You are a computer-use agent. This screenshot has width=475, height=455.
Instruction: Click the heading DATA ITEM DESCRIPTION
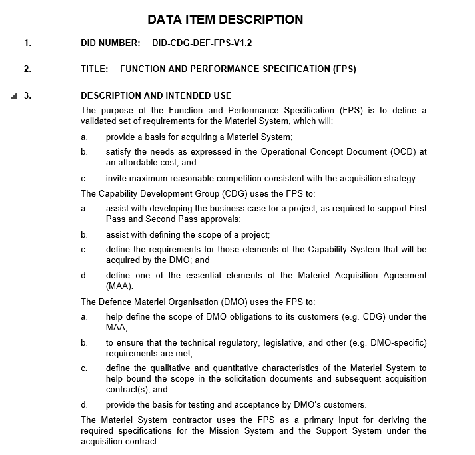click(225, 19)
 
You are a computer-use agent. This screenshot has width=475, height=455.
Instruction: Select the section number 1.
click(27, 43)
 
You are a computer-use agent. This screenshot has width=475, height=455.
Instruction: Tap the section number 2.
click(27, 69)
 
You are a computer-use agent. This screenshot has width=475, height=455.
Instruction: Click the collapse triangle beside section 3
click(15, 95)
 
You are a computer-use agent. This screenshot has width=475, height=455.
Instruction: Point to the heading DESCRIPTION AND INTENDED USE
click(156, 95)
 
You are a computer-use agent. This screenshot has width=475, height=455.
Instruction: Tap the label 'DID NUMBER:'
click(110, 43)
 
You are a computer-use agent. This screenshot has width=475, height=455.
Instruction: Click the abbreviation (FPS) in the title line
click(344, 69)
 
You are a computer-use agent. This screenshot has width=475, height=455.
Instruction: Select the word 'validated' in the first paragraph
click(101, 121)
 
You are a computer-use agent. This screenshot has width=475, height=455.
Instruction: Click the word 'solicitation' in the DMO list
click(221, 378)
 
